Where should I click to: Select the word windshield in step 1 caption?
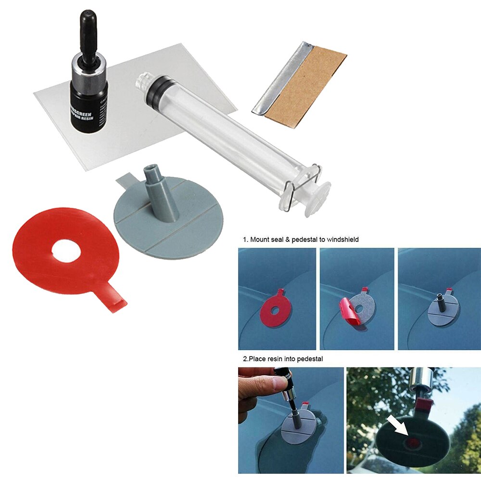[341, 239]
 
